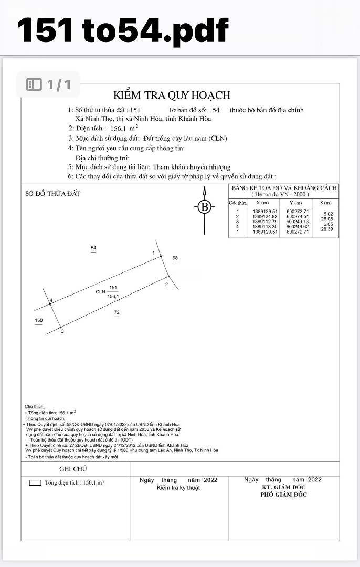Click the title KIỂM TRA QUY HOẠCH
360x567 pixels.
172,95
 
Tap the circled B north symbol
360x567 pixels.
205,207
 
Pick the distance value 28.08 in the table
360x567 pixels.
327,219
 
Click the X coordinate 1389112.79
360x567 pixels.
265,222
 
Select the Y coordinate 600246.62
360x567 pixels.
298,226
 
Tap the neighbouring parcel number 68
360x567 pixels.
175,258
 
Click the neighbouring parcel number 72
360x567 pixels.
117,312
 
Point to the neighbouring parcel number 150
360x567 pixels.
39,320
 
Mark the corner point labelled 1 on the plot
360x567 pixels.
161,257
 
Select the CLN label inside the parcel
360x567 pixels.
100,291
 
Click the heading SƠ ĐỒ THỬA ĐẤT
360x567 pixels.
52,194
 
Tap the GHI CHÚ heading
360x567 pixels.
73,469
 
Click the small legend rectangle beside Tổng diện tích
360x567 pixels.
36,482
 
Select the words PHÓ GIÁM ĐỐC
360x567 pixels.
283,495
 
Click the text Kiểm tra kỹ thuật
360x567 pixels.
178,488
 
